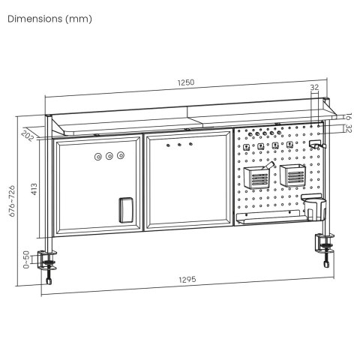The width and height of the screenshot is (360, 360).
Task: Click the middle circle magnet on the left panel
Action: click(109, 157)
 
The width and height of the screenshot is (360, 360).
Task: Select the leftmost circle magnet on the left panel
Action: click(97, 157)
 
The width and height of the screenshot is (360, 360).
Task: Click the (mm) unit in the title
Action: click(79, 19)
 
